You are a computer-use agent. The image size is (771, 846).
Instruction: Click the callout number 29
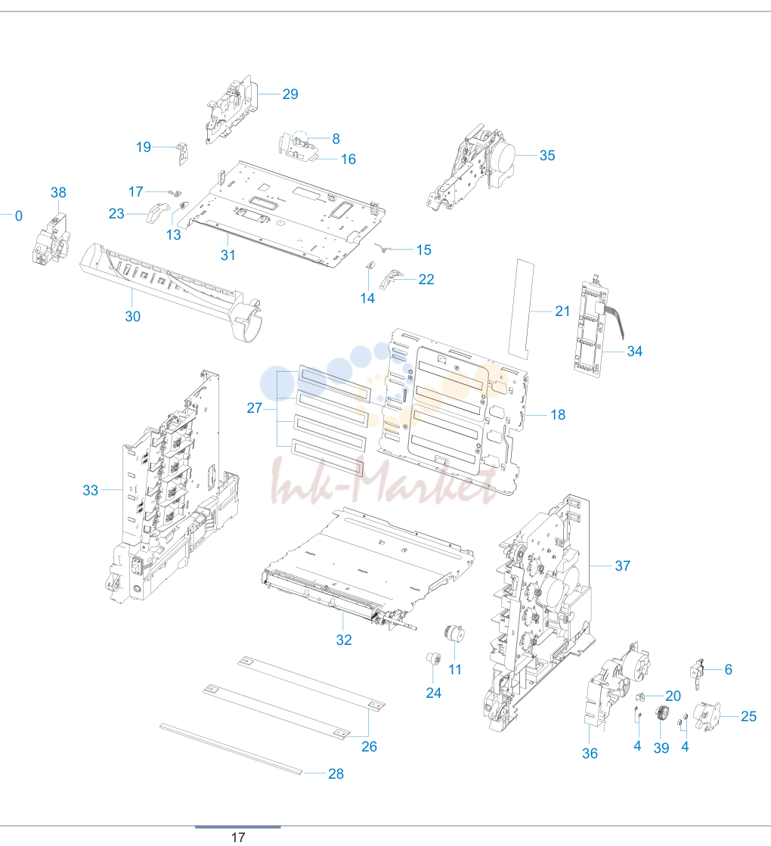290,95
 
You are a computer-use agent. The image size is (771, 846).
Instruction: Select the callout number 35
547,156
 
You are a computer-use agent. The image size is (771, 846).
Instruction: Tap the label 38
58,193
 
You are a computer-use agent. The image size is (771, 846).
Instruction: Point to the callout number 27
255,408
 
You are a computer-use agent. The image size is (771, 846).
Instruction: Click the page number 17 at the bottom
238,838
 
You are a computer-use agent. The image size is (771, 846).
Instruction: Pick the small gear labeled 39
661,715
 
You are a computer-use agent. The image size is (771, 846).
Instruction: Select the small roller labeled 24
433,659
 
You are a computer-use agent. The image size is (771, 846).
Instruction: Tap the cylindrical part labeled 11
454,634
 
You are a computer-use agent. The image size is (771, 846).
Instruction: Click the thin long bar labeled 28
231,749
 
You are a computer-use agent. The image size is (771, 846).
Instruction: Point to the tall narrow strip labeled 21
522,308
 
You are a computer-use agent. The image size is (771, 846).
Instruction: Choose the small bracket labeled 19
183,153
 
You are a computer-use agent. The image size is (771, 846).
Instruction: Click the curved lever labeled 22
391,279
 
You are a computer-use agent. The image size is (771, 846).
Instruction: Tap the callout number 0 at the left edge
19,216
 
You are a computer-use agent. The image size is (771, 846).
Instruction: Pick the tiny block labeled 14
370,265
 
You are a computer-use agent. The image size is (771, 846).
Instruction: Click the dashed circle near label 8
301,138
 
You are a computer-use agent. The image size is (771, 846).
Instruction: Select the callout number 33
91,491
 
